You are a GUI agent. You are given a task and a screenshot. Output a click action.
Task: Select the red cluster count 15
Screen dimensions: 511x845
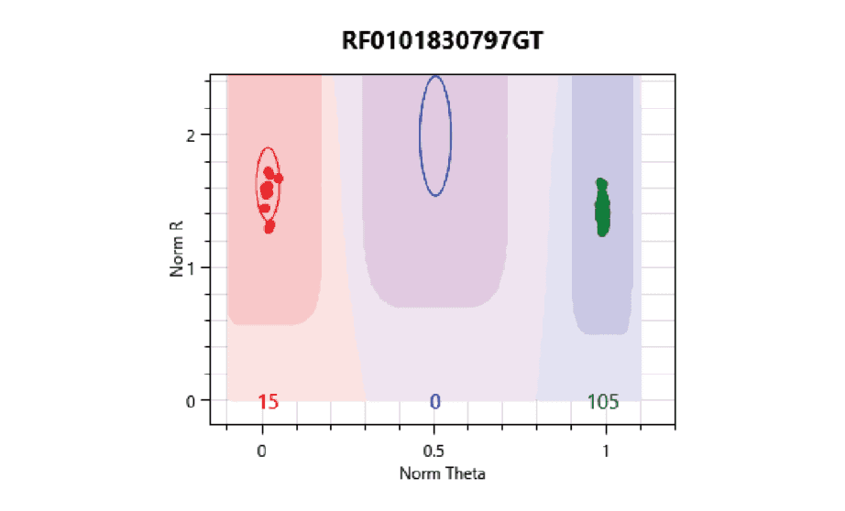point(268,402)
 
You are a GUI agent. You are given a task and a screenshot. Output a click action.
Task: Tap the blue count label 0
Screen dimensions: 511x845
point(435,402)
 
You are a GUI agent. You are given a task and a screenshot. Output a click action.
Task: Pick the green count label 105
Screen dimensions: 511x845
point(602,402)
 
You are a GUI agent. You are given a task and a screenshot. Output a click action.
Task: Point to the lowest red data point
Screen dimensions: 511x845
point(269,226)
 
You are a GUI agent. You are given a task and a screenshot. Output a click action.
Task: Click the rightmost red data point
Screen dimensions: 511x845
point(278,179)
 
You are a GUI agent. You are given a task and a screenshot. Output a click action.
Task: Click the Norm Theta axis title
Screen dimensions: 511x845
point(442,473)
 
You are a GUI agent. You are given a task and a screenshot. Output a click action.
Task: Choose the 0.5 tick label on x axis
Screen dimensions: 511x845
point(435,451)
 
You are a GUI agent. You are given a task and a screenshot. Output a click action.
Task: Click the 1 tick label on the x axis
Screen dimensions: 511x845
point(606,451)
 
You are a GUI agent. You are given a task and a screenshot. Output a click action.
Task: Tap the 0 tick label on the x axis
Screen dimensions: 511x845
point(262,451)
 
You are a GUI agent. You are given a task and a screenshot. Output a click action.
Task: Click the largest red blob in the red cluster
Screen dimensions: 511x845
point(267,190)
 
